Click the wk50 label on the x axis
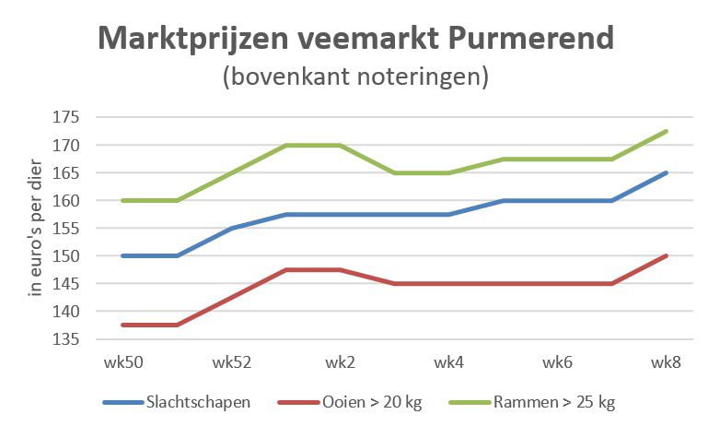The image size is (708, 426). coord(122,362)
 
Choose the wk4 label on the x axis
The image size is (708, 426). coord(448,362)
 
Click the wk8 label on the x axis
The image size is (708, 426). coord(666,362)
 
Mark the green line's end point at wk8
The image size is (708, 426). coord(666,131)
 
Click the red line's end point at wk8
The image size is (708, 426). coord(666,255)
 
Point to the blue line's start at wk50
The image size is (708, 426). coord(122,255)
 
